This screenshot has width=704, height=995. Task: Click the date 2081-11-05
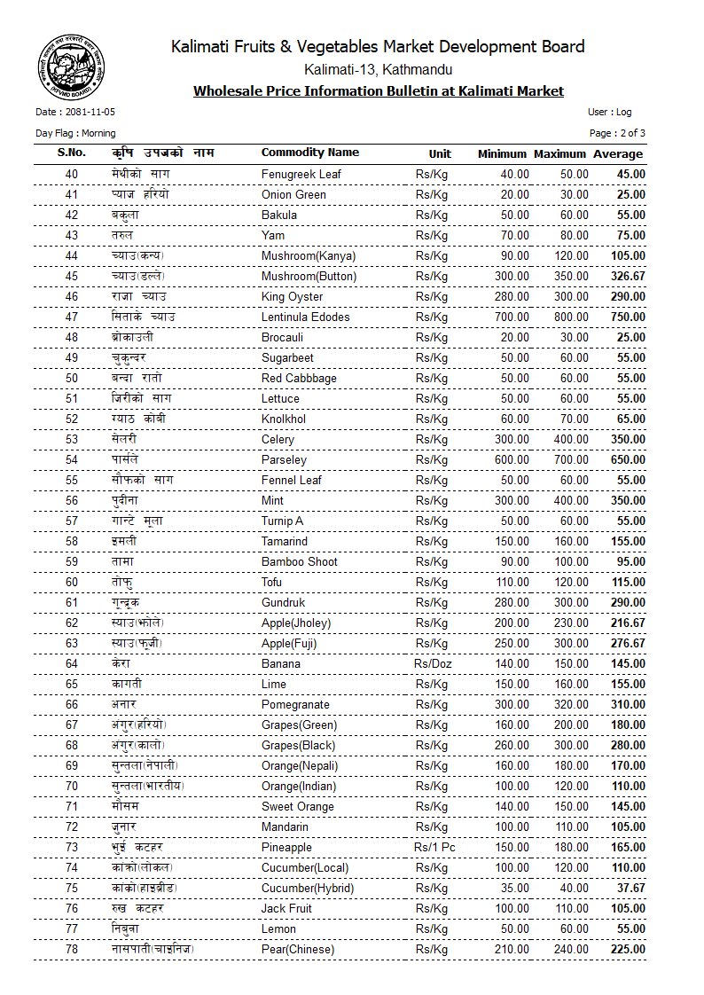[x=75, y=113]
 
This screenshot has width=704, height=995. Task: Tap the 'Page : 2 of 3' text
[x=617, y=133]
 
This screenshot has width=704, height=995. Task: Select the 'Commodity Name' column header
[x=309, y=153]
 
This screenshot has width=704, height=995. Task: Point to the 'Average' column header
[x=618, y=154]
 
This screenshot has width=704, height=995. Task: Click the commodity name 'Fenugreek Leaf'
[x=301, y=174]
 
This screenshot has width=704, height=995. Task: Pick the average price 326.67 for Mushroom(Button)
[x=627, y=276]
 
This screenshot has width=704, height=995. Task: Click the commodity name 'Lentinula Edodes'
[x=305, y=317]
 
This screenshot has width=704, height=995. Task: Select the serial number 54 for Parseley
[x=72, y=459]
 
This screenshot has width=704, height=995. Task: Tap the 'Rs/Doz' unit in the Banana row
[x=432, y=663]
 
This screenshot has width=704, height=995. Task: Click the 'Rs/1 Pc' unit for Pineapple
[x=434, y=847]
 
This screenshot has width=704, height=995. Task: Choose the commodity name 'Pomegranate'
[x=296, y=704]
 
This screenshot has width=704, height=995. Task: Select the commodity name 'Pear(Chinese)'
[x=298, y=949]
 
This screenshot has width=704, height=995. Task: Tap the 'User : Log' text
[x=609, y=113]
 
